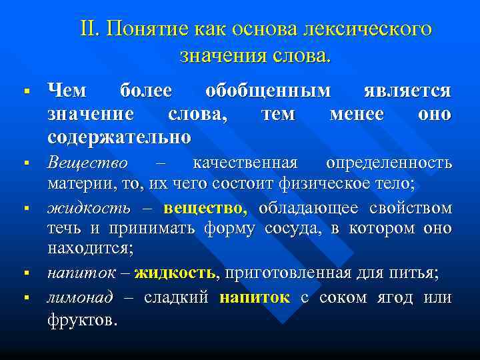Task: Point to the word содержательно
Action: pos(119,138)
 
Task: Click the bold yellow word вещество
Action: pos(205,209)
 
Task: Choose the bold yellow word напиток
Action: pos(255,297)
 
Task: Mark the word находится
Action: pos(90,249)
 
